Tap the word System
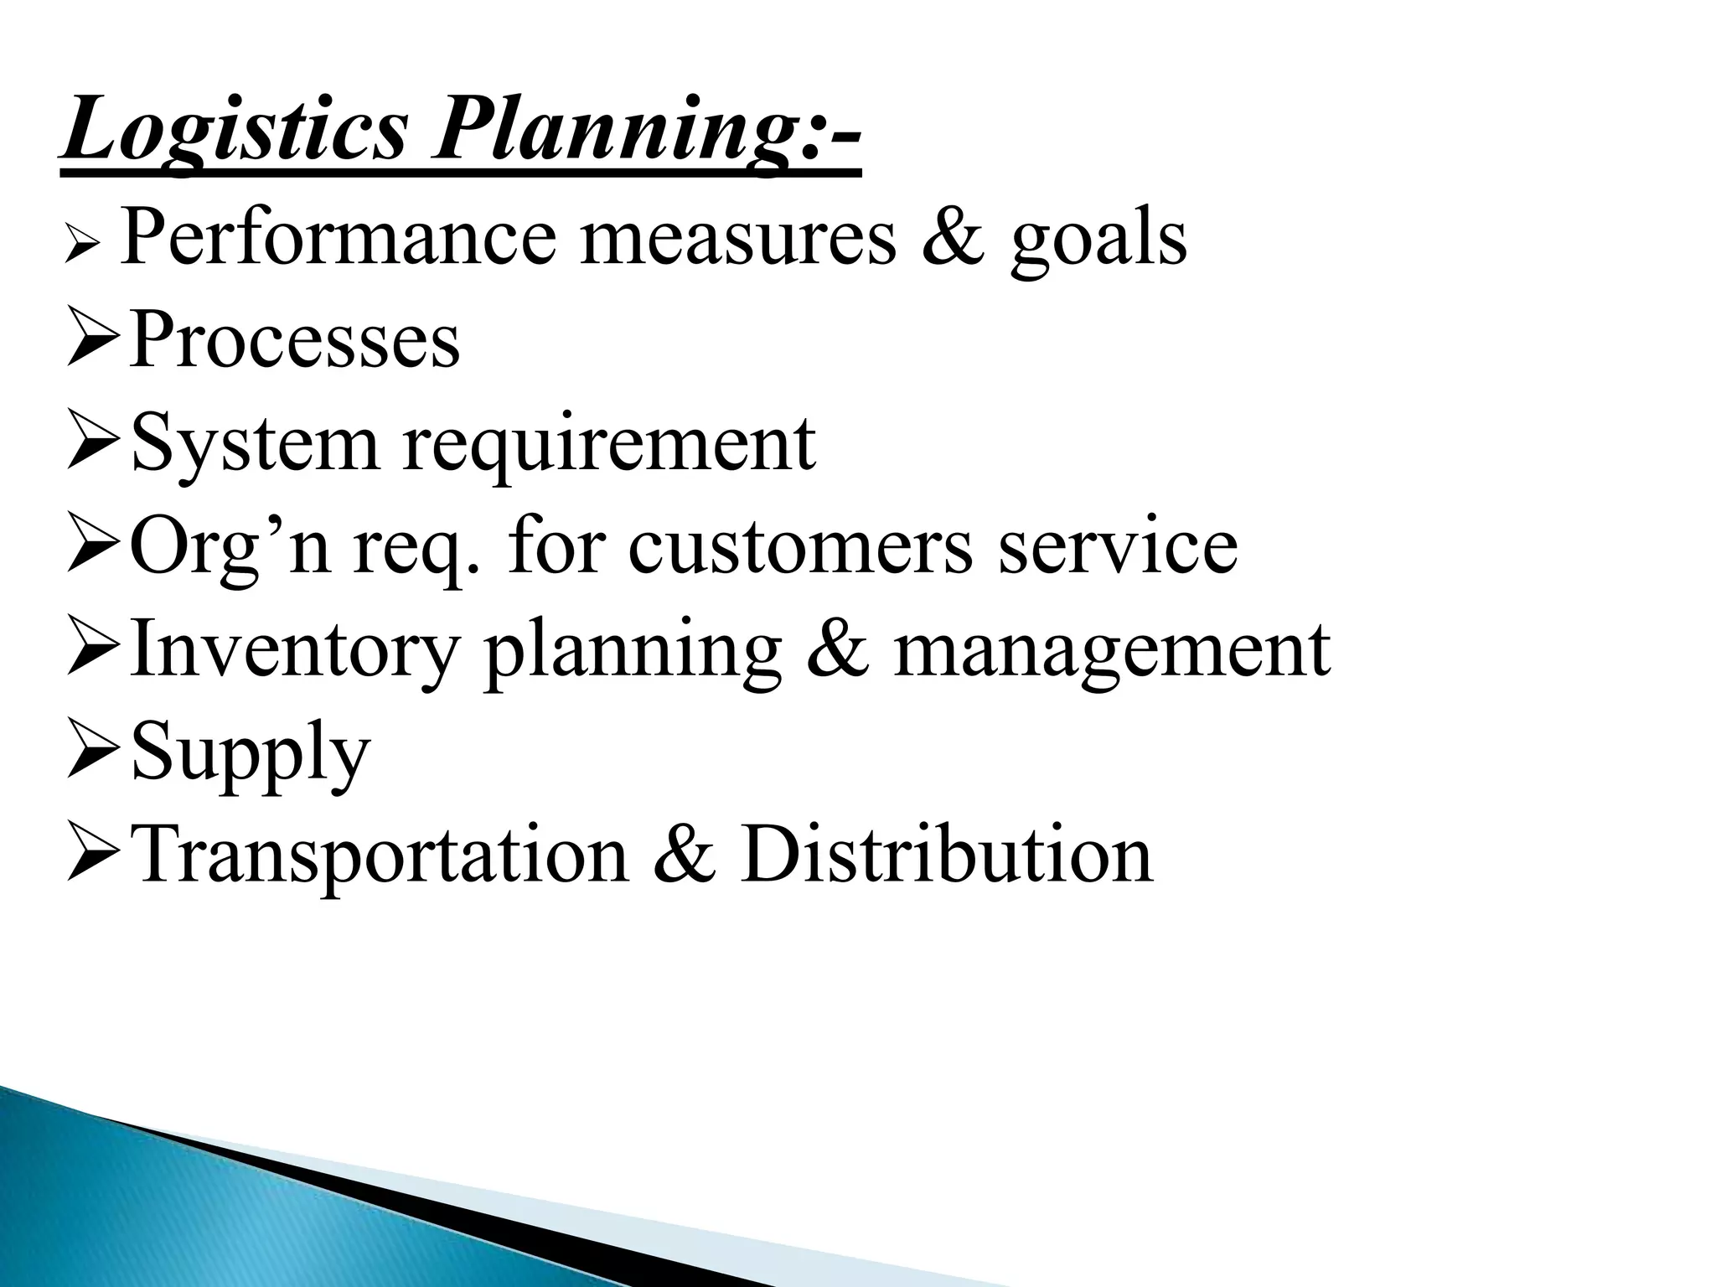coord(255,444)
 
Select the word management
coord(1111,650)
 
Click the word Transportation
coord(380,855)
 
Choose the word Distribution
coord(946,855)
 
